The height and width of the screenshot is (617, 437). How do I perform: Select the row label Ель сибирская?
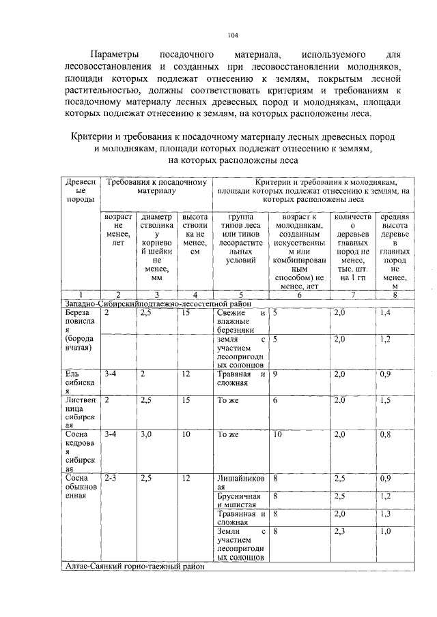click(76, 382)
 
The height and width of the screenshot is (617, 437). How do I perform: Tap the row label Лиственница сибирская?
click(79, 415)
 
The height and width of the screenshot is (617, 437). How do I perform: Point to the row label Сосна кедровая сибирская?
click(79, 451)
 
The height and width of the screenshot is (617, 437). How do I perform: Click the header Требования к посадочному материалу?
click(156, 187)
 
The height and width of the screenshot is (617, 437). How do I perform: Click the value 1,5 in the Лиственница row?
click(386, 402)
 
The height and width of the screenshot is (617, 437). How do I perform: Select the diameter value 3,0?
click(145, 434)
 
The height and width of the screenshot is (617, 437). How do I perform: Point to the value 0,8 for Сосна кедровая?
click(386, 434)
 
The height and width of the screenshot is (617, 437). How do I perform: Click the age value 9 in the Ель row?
click(274, 374)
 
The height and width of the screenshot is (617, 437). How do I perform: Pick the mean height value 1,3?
click(386, 514)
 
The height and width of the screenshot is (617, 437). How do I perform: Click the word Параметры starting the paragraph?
click(115, 54)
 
